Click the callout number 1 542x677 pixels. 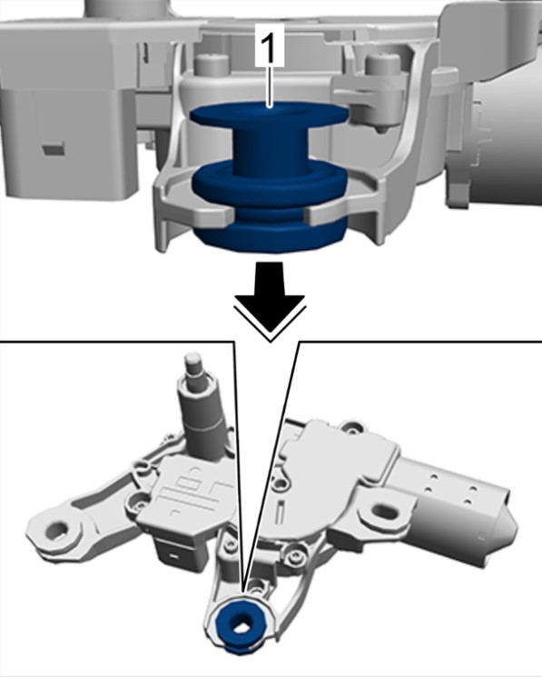pos(269,45)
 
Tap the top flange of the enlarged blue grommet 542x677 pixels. pos(269,114)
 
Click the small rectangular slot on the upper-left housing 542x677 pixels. pos(53,149)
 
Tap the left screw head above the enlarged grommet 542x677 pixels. pos(212,63)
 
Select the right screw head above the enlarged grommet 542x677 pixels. pos(382,64)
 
